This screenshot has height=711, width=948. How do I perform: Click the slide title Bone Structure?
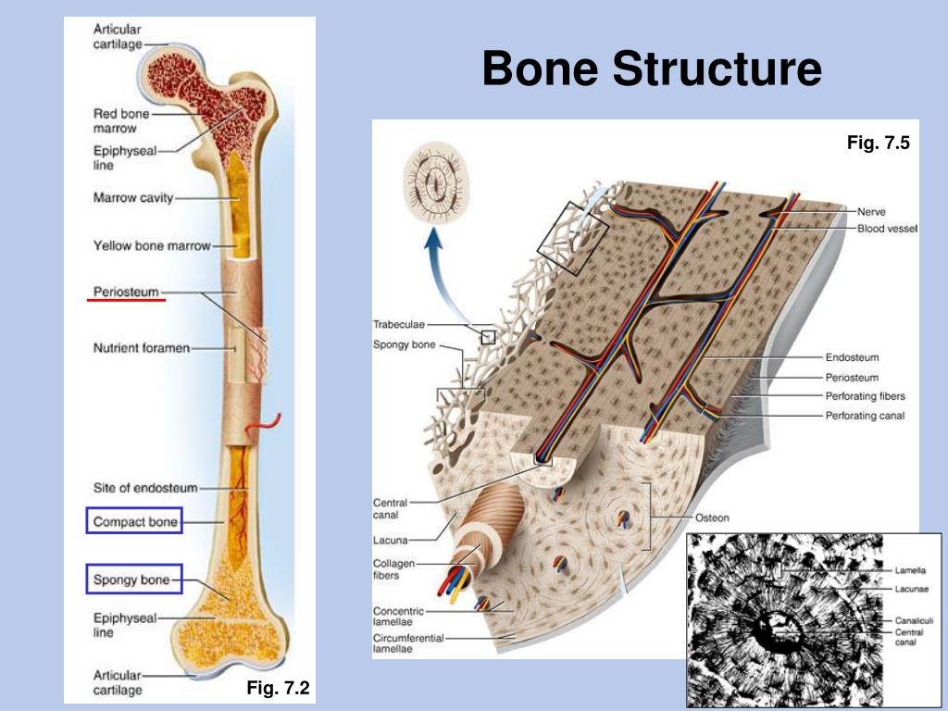[x=652, y=68]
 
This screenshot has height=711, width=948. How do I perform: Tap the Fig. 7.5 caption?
[x=878, y=143]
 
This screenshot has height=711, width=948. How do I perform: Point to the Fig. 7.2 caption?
[x=278, y=688]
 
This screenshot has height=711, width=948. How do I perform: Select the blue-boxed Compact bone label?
[x=134, y=521]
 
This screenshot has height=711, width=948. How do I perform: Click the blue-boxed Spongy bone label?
[x=134, y=580]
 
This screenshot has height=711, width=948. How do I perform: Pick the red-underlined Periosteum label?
[x=126, y=292]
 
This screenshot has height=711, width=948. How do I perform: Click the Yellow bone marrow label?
[x=152, y=245]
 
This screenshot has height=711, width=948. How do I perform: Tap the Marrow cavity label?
[x=133, y=198]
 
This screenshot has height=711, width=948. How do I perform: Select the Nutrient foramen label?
[x=142, y=348]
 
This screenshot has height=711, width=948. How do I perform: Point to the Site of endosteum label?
[x=145, y=488]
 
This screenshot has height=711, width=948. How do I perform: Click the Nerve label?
[x=871, y=212]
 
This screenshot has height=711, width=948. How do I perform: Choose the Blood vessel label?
[x=887, y=229]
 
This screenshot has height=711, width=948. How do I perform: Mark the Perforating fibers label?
[x=866, y=396]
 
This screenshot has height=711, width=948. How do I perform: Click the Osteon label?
[x=712, y=518]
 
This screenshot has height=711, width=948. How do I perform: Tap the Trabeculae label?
[x=399, y=325]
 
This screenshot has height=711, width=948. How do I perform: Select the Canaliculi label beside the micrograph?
[x=914, y=620]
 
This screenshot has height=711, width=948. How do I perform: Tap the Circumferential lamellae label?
[x=408, y=643]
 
